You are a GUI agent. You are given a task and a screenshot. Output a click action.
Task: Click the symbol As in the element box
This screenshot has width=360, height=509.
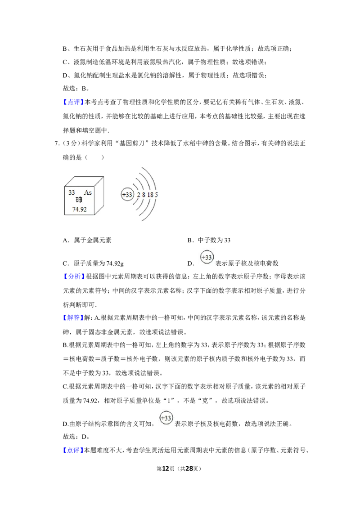[88, 192]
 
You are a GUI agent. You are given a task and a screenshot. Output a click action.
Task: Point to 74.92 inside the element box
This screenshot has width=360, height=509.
[79, 210]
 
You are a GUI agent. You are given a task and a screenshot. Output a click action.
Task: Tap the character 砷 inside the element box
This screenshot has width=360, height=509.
[79, 200]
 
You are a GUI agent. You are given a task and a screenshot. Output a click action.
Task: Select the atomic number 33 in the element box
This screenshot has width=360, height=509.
[72, 192]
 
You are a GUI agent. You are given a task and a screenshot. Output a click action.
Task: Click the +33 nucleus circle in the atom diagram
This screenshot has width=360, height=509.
[127, 195]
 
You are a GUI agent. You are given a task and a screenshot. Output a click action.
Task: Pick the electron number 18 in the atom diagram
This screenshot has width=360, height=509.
[150, 195]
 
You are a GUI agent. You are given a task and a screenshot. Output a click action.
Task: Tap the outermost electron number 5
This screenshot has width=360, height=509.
[156, 195]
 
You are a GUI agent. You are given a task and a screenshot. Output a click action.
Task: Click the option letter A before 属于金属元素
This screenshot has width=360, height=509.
[65, 241]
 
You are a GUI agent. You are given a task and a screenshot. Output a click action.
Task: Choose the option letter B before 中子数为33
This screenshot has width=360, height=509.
[190, 241]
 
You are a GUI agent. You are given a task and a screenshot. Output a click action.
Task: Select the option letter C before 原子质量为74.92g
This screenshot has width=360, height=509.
[65, 263]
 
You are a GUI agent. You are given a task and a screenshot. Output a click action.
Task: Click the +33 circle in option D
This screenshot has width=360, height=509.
[207, 257]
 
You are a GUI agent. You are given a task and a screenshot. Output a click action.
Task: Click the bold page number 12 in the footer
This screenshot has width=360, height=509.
[166, 469]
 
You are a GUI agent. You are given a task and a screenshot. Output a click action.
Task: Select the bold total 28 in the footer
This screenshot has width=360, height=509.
[189, 469]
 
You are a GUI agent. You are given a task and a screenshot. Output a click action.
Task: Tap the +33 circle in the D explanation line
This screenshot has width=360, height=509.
[166, 418]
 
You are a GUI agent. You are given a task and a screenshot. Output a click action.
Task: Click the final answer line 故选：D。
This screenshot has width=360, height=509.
[76, 437]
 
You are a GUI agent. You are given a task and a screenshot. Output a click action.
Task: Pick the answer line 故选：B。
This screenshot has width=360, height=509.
[76, 89]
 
